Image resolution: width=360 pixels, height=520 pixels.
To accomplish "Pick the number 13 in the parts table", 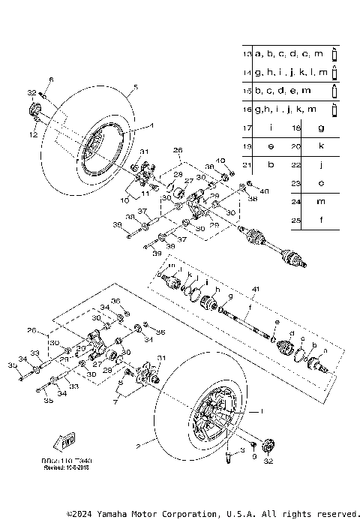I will tap(247, 54).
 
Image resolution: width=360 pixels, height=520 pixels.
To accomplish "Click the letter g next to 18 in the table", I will tap(321, 128).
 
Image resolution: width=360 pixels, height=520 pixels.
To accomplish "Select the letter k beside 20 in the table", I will tap(321, 146).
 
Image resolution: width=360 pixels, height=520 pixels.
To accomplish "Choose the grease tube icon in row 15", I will tap(334, 91).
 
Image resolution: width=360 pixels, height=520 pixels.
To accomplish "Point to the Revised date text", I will tap(66, 466).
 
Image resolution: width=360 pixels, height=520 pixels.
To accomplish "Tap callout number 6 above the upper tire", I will tap(52, 79).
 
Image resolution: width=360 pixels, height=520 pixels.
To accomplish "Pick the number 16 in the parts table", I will tap(247, 109).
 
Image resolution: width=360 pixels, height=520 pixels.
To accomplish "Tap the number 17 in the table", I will tap(247, 128).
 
